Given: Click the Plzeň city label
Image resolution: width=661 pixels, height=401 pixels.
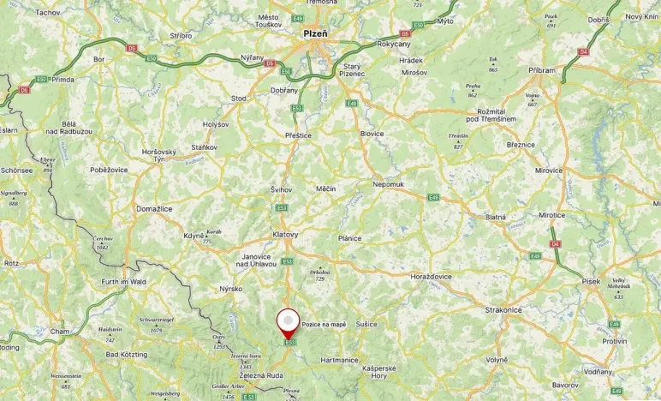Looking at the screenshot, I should [316, 33].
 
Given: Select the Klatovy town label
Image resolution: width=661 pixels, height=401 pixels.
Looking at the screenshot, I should [285, 234].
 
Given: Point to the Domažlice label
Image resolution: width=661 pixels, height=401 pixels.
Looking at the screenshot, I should [155, 208].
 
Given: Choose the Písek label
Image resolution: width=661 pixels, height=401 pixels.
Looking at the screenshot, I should [590, 305].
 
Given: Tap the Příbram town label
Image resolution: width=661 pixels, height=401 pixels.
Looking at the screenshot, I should [541, 70].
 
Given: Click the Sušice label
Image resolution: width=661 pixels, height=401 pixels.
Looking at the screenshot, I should [366, 325].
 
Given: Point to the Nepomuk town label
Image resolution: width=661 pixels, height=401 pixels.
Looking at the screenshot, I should [388, 184].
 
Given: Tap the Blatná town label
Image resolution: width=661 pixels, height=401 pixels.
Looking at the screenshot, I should [496, 218].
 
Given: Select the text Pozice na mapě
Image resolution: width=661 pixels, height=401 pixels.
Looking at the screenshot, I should [324, 325].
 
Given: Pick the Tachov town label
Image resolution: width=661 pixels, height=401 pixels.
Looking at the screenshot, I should [48, 13].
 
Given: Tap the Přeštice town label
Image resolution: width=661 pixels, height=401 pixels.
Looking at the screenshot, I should [298, 135].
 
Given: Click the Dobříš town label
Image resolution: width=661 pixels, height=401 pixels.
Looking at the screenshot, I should [598, 19].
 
